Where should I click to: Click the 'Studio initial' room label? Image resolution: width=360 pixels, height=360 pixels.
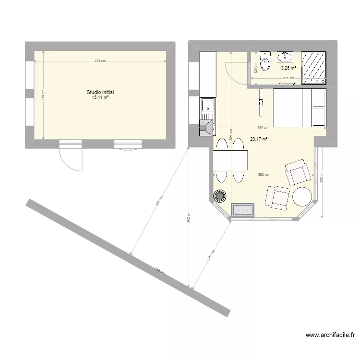(100, 92)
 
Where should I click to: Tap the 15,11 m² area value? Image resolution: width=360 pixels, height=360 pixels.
(100, 97)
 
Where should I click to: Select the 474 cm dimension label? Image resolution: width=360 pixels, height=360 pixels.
(100, 61)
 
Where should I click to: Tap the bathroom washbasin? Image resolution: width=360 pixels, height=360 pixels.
(285, 57)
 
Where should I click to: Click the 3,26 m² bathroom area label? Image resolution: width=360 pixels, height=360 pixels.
(288, 68)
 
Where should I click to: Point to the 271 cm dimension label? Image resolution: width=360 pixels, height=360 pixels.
(288, 78)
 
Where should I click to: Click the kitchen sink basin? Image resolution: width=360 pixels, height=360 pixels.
(208, 105)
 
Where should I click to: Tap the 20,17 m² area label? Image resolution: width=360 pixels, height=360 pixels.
(259, 139)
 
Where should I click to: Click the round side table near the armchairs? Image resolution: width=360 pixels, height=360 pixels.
(302, 196)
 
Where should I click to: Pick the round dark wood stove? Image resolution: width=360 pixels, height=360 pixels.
(220, 196)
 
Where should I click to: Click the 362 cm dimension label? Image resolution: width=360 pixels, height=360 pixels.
(263, 175)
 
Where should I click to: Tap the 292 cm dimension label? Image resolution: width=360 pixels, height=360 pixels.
(322, 178)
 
